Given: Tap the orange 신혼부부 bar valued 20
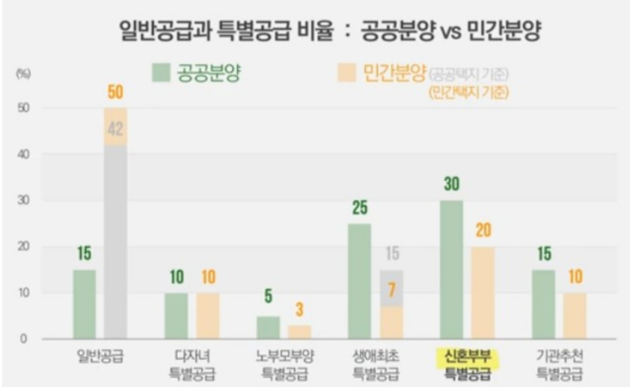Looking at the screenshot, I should (x=482, y=292).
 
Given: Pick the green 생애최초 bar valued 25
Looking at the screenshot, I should (x=360, y=281).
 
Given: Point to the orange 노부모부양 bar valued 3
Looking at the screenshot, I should (x=299, y=332).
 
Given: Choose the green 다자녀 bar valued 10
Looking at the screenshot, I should (x=176, y=315).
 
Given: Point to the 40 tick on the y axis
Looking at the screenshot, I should (x=24, y=155).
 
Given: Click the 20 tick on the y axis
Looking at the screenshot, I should (x=24, y=247).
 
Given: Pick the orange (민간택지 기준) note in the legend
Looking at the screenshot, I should (x=468, y=91).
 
